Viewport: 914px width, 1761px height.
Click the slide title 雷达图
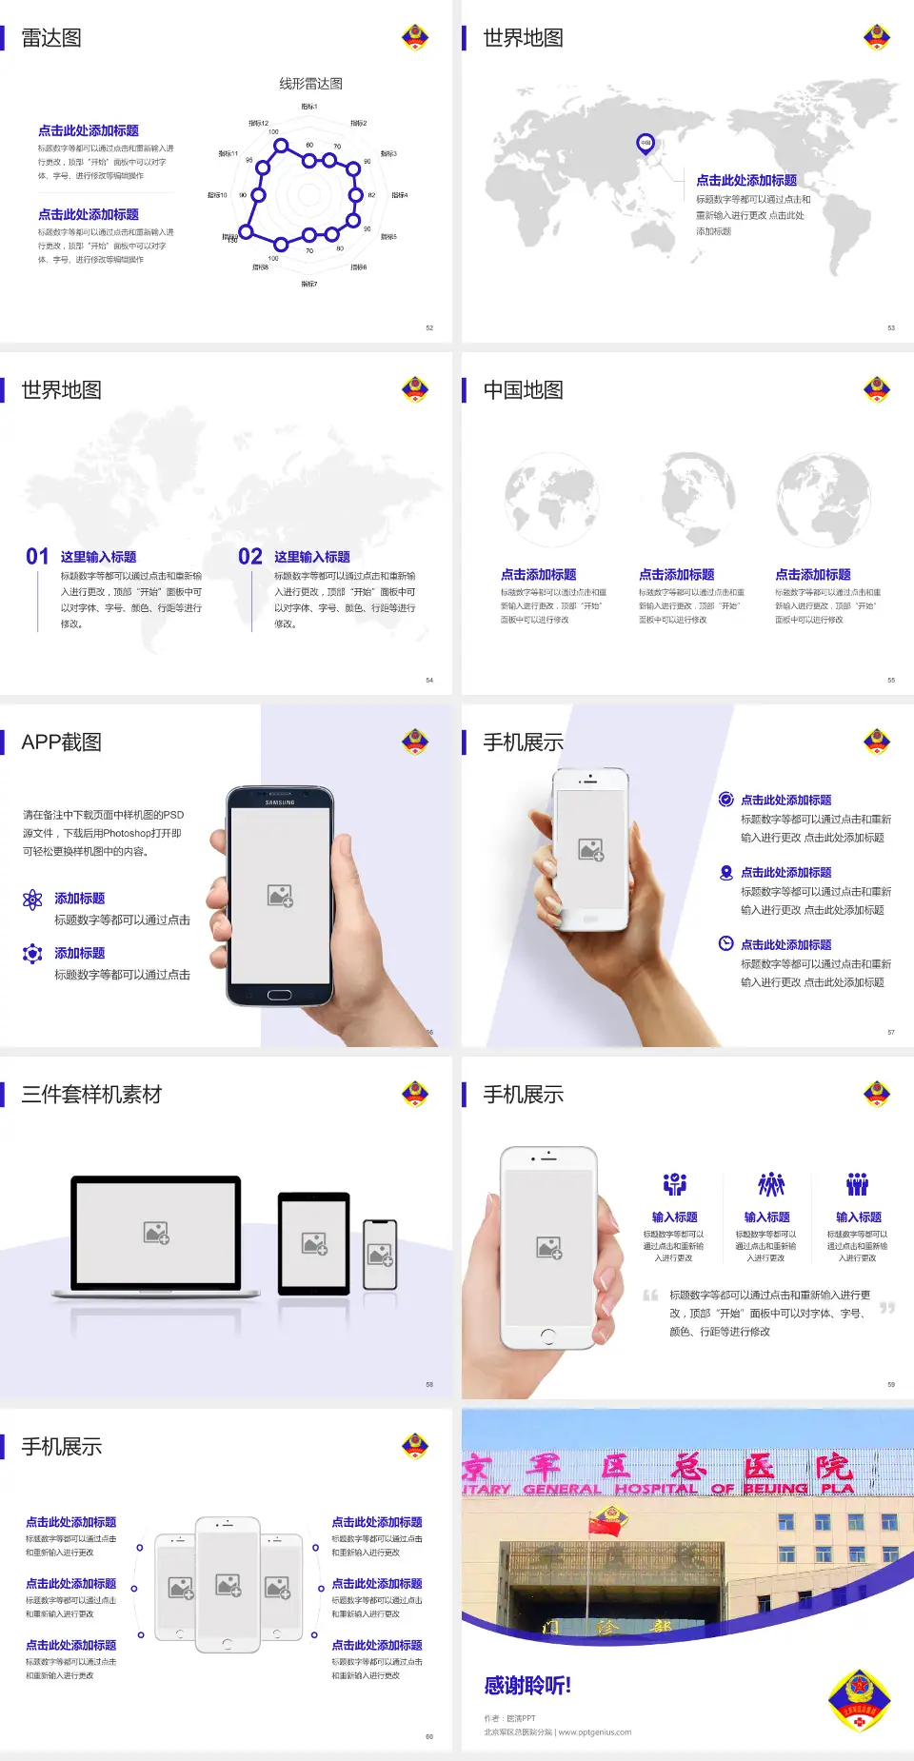pos(51,38)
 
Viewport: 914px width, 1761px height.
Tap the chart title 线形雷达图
pos(310,84)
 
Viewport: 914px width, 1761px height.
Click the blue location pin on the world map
pos(646,144)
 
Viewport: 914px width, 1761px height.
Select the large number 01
pos(37,557)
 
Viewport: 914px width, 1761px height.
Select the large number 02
pos(250,557)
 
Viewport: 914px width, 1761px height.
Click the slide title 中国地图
pos(523,390)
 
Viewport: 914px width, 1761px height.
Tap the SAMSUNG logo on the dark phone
pos(280,802)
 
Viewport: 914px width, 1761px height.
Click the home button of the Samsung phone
pos(279,995)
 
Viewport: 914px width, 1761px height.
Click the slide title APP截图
pos(61,742)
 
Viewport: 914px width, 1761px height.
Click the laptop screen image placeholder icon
pos(156,1233)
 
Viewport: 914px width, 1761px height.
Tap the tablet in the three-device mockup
pos(314,1242)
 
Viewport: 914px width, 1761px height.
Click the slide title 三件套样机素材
pos(91,1095)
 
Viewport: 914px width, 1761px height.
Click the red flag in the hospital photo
pos(604,1525)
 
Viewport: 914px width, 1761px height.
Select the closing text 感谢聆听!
pos(527,1686)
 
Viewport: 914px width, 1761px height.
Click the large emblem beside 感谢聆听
pos(859,1699)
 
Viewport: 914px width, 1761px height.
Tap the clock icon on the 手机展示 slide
pos(725,943)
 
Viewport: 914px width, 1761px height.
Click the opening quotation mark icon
pos(650,1296)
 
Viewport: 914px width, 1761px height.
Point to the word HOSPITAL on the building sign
pos(655,1489)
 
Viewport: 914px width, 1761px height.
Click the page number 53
pos(891,327)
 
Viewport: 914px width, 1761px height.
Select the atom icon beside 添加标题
pos(32,900)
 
